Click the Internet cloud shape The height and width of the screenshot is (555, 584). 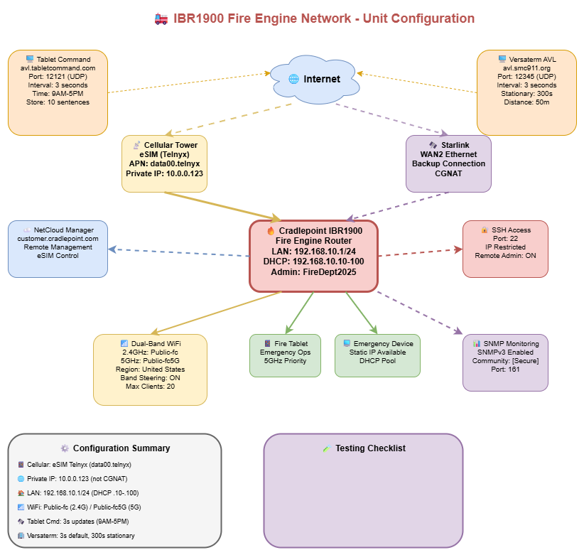[313, 79]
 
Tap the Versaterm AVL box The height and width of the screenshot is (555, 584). [526, 92]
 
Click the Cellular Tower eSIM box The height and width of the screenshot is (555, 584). [164, 163]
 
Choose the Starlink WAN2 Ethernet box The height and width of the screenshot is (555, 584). [448, 163]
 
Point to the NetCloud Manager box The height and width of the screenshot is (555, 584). [58, 248]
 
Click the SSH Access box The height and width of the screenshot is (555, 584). [505, 249]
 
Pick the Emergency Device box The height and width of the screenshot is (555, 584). [377, 355]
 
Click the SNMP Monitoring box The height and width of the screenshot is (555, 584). [505, 362]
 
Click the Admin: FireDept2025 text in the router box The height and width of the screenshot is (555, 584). [313, 272]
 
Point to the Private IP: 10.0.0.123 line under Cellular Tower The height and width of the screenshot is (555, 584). [164, 173]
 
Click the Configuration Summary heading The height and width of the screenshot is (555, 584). [121, 448]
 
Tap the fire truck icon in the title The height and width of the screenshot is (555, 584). [161, 18]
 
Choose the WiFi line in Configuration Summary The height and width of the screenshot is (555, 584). [81, 507]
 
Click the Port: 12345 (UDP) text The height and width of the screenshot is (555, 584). [526, 77]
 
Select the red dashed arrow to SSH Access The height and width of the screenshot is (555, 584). [419, 252]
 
